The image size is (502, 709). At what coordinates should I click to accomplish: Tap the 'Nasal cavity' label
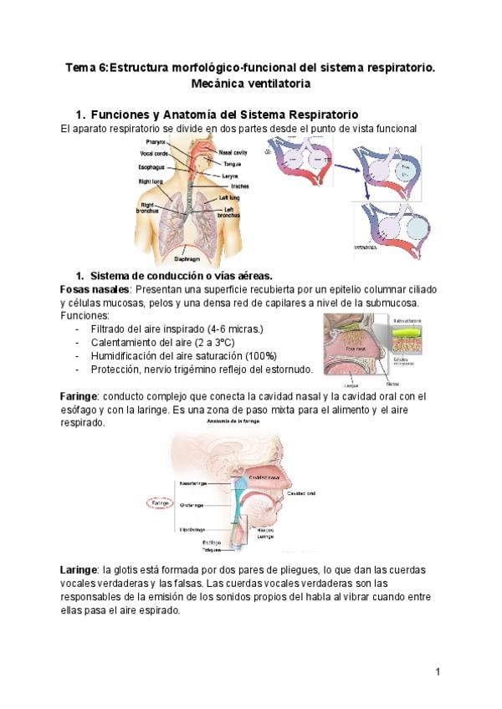233,153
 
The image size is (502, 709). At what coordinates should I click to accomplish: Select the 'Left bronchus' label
228,212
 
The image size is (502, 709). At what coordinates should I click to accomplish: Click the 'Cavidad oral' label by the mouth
301,493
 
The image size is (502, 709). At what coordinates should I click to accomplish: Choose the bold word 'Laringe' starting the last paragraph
79,569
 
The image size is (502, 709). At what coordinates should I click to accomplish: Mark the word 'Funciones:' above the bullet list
85,315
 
